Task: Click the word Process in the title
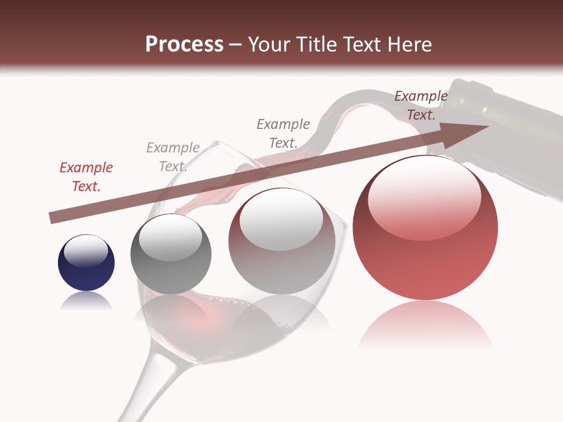click(x=184, y=45)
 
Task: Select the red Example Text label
click(x=86, y=177)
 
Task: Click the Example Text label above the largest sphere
click(x=420, y=105)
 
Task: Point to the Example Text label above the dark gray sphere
click(x=173, y=157)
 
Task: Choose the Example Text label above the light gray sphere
click(x=283, y=133)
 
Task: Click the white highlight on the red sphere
click(x=424, y=196)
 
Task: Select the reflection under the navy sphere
click(x=86, y=301)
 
